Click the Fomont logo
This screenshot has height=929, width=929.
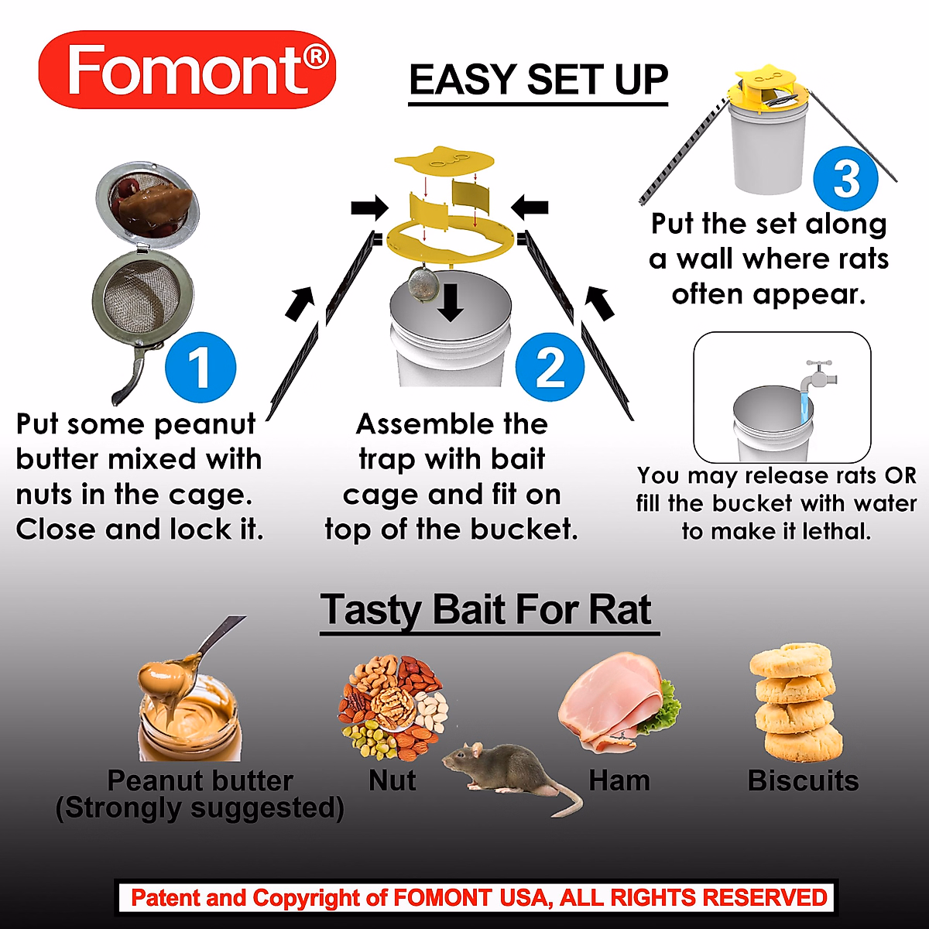coord(187,70)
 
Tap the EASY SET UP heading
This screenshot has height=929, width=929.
coord(538,81)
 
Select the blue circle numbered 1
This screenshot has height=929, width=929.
coord(200,367)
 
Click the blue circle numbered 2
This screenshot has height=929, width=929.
coord(550,367)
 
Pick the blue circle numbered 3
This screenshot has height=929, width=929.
coord(846,179)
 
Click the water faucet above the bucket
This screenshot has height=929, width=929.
coord(819,375)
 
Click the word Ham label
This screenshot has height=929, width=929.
coord(619,780)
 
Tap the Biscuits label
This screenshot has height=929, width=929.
coord(803,780)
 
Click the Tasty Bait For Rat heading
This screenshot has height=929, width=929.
coord(488,610)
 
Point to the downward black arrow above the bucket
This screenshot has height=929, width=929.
coord(451,306)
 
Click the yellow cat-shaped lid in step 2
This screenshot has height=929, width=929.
coord(444,160)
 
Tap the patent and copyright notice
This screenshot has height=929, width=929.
coord(478,898)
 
